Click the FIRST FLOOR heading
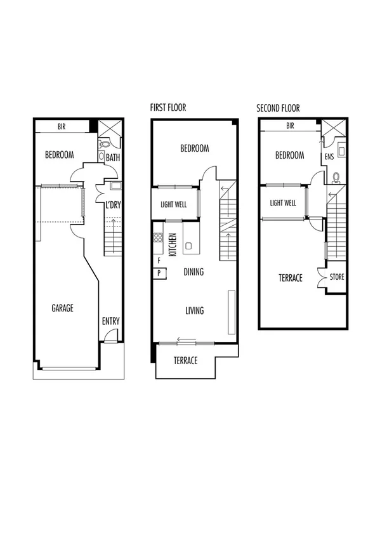click(168, 108)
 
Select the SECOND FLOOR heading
click(278, 108)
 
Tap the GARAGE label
click(63, 308)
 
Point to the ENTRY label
click(110, 322)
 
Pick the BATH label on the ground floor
click(113, 157)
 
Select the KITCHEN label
click(171, 244)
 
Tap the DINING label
click(193, 272)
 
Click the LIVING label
click(194, 311)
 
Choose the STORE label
click(336, 278)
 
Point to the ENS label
click(329, 155)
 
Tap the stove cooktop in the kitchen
click(157, 239)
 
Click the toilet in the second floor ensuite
click(336, 178)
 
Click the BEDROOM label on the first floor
click(194, 148)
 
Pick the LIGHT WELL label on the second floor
click(283, 203)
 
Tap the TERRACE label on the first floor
click(186, 360)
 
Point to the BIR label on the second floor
click(290, 126)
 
